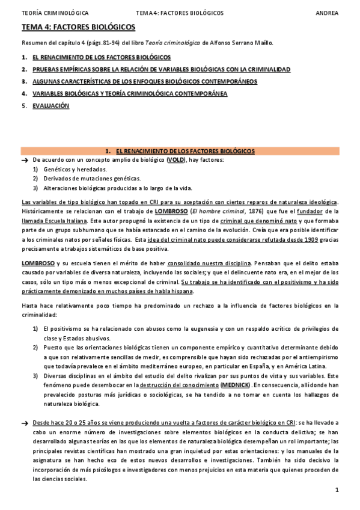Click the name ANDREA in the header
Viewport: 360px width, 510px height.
pyautogui.click(x=327, y=13)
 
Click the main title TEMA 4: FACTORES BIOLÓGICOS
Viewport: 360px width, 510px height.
pyautogui.click(x=78, y=27)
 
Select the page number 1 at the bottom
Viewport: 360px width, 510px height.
pyautogui.click(x=338, y=490)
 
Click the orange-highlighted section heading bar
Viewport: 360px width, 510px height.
pyautogui.click(x=180, y=151)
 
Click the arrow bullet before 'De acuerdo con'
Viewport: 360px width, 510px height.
pyautogui.click(x=25, y=161)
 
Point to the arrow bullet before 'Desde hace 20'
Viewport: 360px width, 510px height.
pyautogui.click(x=25, y=423)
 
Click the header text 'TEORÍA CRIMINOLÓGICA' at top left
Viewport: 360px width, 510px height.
pyautogui.click(x=55, y=13)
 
